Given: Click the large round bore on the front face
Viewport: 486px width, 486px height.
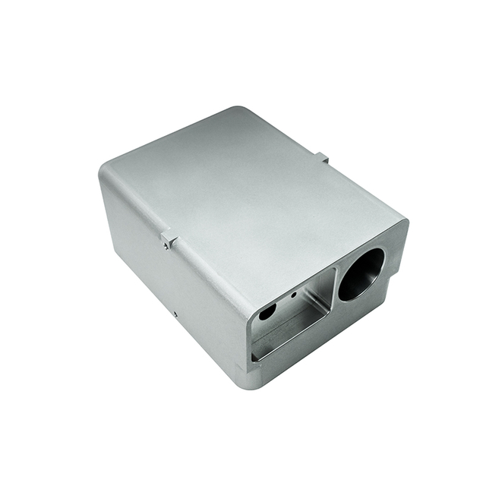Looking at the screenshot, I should click(361, 274).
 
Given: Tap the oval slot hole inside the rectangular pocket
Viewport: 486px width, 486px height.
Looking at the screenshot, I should click(267, 312).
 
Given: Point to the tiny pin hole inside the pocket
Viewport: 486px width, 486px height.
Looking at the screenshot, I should click(294, 293).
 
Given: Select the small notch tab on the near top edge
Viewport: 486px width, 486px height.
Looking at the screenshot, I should click(168, 241).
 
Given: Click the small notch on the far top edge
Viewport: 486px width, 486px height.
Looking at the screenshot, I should click(322, 158).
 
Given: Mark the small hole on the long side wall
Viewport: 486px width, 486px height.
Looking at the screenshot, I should click(175, 312).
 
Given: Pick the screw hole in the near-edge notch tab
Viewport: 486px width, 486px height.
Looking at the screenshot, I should click(165, 244).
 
